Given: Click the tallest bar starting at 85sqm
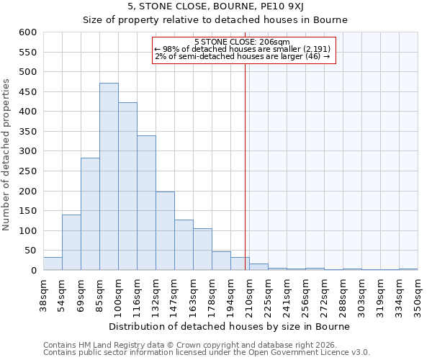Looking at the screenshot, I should click(x=109, y=176).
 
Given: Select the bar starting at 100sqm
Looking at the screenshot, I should click(x=127, y=186).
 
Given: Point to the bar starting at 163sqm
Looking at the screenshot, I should click(x=202, y=249).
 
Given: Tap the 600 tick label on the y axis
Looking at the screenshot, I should click(x=27, y=32).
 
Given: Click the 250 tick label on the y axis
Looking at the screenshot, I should click(x=27, y=171).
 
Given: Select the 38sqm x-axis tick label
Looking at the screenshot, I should click(x=43, y=295).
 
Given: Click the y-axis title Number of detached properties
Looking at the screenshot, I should click(x=7, y=155).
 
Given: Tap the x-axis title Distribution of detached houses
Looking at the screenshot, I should click(x=230, y=326).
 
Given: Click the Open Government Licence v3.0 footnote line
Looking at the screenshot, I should click(x=207, y=353).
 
